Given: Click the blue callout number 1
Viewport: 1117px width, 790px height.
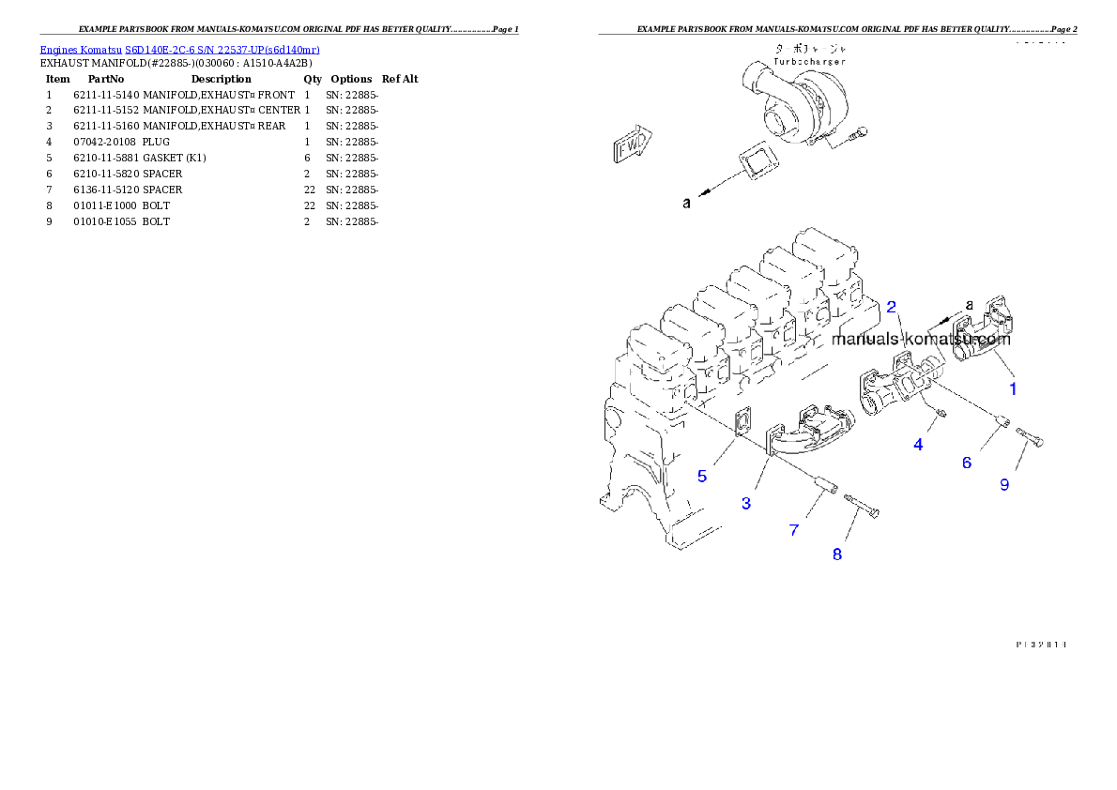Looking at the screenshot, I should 1012,387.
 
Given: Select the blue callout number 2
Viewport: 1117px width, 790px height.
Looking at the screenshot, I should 891,307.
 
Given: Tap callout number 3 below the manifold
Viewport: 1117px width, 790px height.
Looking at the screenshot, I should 746,504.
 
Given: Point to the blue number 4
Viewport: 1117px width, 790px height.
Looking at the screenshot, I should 918,445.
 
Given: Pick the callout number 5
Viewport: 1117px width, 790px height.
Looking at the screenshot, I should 702,476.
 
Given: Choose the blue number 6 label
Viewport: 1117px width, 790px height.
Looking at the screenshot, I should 966,463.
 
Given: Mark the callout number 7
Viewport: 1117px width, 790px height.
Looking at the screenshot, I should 794,530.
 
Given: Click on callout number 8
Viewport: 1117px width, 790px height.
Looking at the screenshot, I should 837,554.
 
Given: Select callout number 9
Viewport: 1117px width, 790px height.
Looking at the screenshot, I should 1004,485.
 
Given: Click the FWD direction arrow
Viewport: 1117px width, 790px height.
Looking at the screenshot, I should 633,144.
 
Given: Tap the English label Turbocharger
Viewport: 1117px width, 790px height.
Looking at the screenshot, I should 809,61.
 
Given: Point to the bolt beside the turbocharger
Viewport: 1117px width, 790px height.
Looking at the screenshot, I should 856,137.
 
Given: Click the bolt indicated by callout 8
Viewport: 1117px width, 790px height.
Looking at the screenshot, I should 863,506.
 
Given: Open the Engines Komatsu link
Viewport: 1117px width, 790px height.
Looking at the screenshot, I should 179,50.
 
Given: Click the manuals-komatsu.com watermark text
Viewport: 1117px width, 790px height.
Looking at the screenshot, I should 920,340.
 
